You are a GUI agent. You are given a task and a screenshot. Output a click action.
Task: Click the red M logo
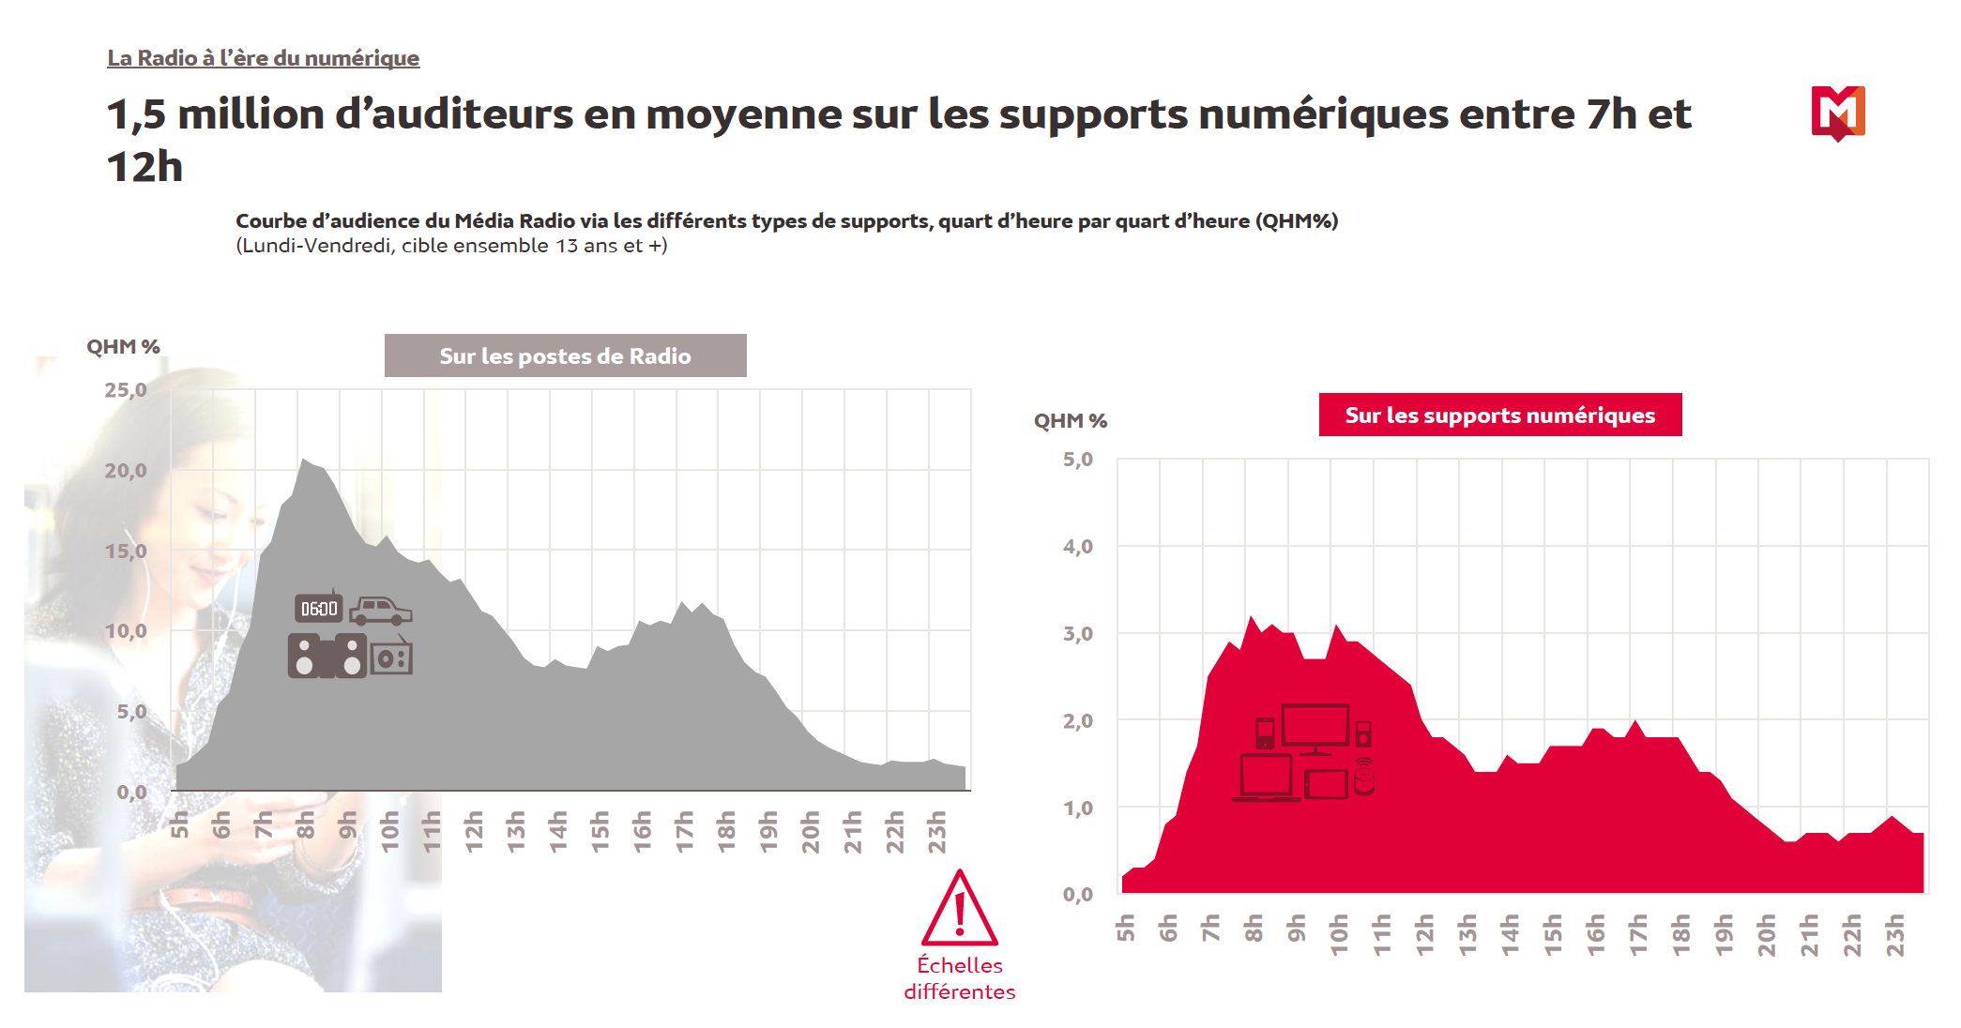tap(1837, 113)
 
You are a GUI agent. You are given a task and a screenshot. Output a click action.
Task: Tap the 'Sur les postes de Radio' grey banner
tap(565, 355)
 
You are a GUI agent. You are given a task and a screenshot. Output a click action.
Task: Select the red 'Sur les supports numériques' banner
tap(1499, 415)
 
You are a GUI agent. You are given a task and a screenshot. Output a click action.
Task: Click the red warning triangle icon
tap(959, 910)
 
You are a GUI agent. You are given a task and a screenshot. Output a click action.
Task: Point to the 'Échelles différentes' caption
tap(959, 978)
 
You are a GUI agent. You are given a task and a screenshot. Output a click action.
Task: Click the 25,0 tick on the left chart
tap(126, 389)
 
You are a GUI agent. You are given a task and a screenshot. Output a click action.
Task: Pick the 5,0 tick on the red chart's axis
tap(1077, 460)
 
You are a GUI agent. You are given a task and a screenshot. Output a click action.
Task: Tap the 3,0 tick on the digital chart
tap(1077, 634)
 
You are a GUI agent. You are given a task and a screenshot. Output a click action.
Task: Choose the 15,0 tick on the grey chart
tap(126, 551)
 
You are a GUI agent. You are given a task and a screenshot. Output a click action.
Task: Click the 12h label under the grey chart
tap(474, 831)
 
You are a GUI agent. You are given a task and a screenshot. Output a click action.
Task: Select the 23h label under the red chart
tap(1894, 934)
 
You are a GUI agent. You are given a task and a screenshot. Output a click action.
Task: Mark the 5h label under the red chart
tap(1125, 928)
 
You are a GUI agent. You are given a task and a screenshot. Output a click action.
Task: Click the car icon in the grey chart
tap(380, 611)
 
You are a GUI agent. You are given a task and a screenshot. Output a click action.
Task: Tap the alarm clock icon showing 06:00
tap(318, 608)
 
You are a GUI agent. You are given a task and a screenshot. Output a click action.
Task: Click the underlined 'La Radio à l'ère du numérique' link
tap(263, 58)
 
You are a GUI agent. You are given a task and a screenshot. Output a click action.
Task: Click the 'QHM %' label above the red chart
tap(1070, 421)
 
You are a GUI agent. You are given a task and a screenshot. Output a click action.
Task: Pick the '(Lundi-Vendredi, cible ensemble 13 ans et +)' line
tap(451, 246)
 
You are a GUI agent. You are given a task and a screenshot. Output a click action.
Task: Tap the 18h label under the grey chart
tap(726, 831)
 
